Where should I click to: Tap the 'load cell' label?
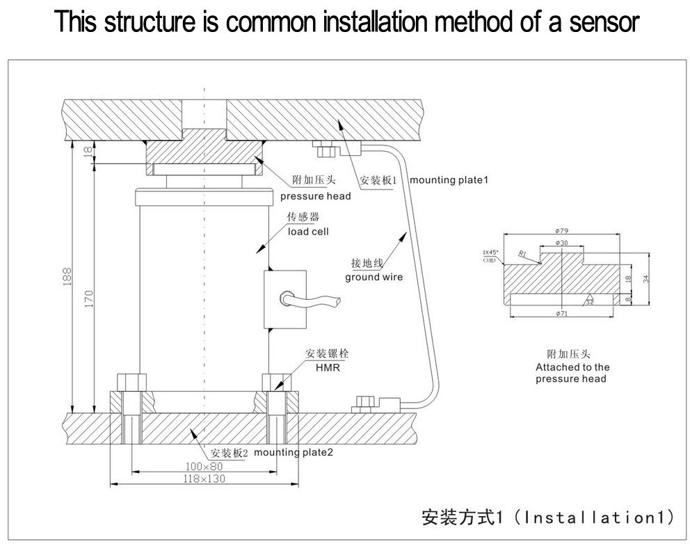308,231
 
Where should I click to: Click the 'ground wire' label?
374,277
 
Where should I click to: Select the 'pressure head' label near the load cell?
316,196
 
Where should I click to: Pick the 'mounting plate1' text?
449,180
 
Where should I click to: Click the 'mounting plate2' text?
294,452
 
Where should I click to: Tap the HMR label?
328,367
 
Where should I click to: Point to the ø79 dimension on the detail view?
562,231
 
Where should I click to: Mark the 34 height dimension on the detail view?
645,279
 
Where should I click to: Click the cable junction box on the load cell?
284,300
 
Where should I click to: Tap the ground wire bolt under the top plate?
324,149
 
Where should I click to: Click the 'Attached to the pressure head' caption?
572,373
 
